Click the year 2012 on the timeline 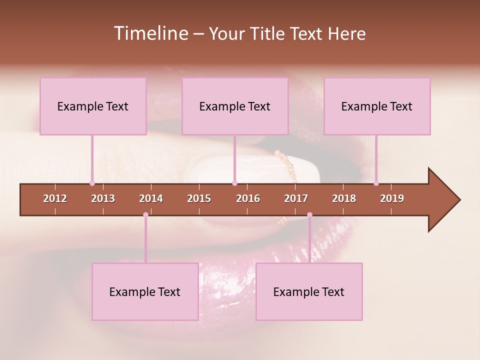(x=55, y=198)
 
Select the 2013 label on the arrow (x=103, y=198)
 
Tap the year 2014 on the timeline (x=151, y=198)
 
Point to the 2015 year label (x=199, y=198)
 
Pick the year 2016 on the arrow (x=248, y=198)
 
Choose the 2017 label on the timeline (x=296, y=198)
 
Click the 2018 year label (x=344, y=198)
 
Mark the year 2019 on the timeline (x=392, y=198)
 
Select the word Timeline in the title (x=150, y=33)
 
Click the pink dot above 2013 (x=92, y=183)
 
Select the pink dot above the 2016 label (x=235, y=183)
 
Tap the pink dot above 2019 (x=376, y=183)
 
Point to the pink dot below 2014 (x=145, y=214)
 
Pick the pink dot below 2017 (x=309, y=214)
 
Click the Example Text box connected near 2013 (x=93, y=106)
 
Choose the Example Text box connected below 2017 (x=309, y=291)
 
